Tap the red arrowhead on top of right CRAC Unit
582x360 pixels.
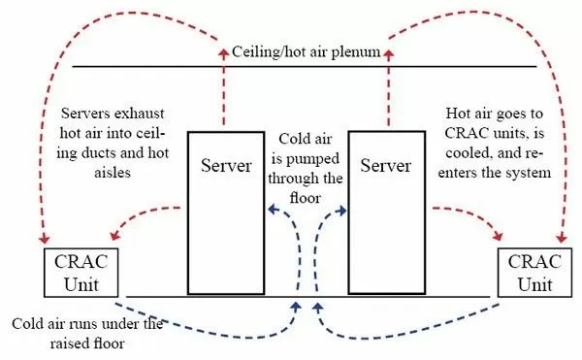561,240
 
